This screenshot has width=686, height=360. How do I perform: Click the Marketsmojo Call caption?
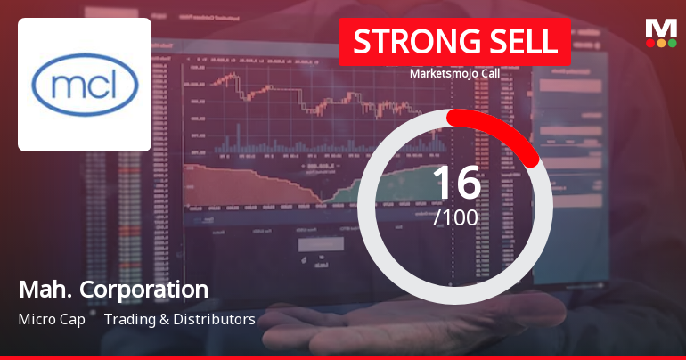(x=454, y=75)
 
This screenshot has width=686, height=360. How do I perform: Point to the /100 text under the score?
(x=455, y=217)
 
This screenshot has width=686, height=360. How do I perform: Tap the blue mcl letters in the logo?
(x=85, y=86)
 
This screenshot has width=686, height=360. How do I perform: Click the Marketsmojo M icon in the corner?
(x=660, y=28)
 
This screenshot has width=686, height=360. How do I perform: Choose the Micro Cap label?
(x=51, y=319)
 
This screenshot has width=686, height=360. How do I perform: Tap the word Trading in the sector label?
(x=130, y=319)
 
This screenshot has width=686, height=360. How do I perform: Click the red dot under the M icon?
(x=649, y=43)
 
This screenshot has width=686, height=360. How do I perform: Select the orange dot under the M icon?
(x=661, y=43)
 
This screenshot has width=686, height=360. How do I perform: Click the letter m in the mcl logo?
(x=65, y=87)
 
